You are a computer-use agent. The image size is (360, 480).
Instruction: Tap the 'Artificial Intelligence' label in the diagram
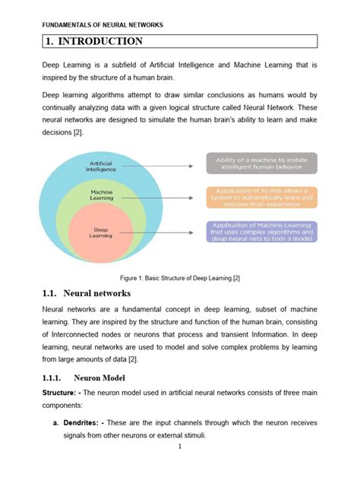point(102,166)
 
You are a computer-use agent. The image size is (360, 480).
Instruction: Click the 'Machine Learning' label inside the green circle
point(102,195)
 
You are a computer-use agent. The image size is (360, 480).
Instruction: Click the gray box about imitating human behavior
point(261,163)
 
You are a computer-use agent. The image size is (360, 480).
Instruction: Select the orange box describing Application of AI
point(261,197)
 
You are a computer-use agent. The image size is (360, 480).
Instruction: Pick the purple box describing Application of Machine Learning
point(261,231)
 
